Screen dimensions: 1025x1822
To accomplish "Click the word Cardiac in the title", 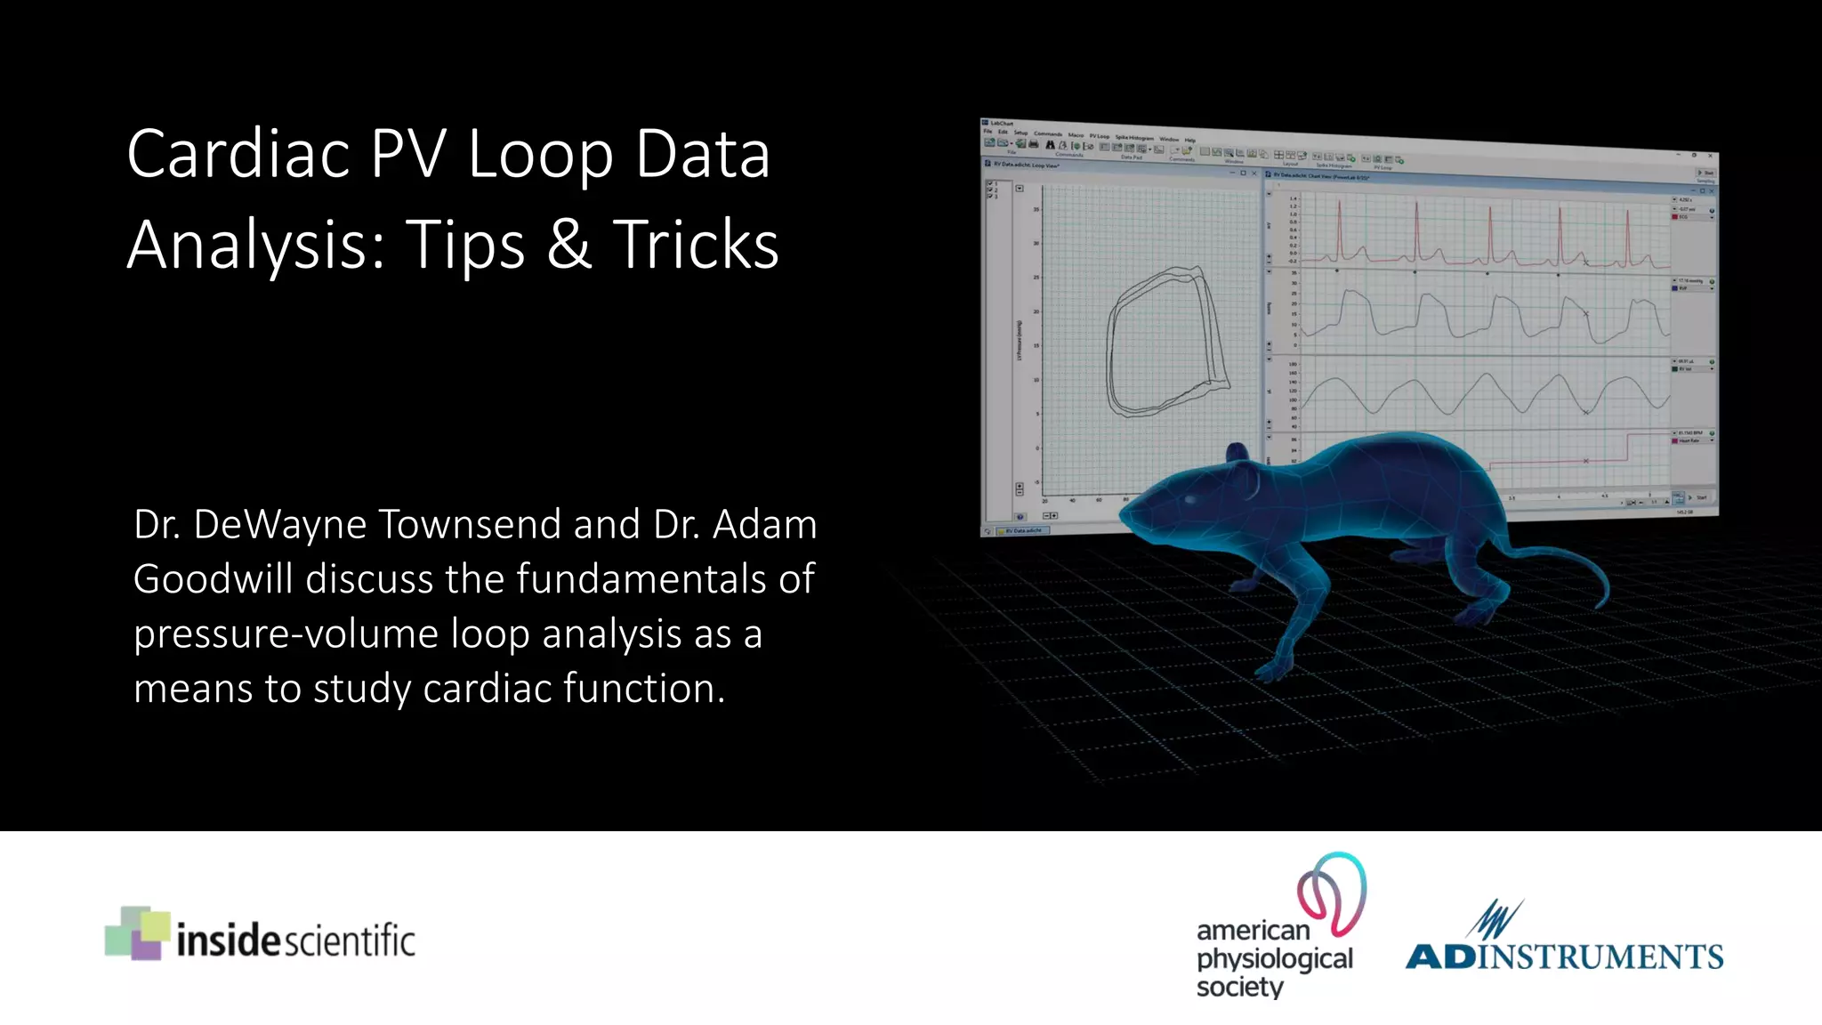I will pos(238,154).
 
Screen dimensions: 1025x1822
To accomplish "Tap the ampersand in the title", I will pos(569,244).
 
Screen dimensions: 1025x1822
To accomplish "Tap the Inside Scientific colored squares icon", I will pos(137,932).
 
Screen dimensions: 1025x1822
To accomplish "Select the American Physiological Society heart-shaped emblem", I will pos(1332,892).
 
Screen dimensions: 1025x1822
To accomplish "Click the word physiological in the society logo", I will pos(1274,959).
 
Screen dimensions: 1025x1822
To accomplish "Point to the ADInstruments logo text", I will pos(1564,956).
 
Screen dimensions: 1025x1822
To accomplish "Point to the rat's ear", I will pos(1238,456).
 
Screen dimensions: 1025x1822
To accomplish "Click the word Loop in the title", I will pos(540,154).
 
